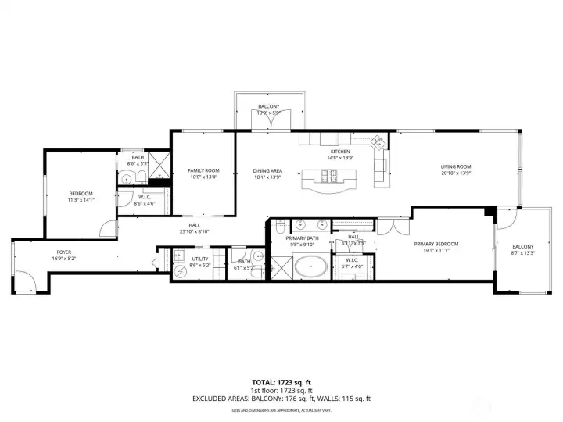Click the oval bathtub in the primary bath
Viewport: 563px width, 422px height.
(311, 267)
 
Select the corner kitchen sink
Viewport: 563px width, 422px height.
(378, 143)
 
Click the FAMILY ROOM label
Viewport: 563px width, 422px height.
(203, 170)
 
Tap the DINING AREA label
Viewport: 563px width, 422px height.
(267, 170)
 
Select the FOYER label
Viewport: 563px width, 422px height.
(64, 252)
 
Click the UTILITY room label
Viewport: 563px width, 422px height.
(199, 259)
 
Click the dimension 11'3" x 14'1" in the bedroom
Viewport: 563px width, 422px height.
(81, 200)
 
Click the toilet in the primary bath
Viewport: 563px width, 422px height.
(279, 228)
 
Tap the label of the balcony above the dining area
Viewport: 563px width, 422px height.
(269, 106)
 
